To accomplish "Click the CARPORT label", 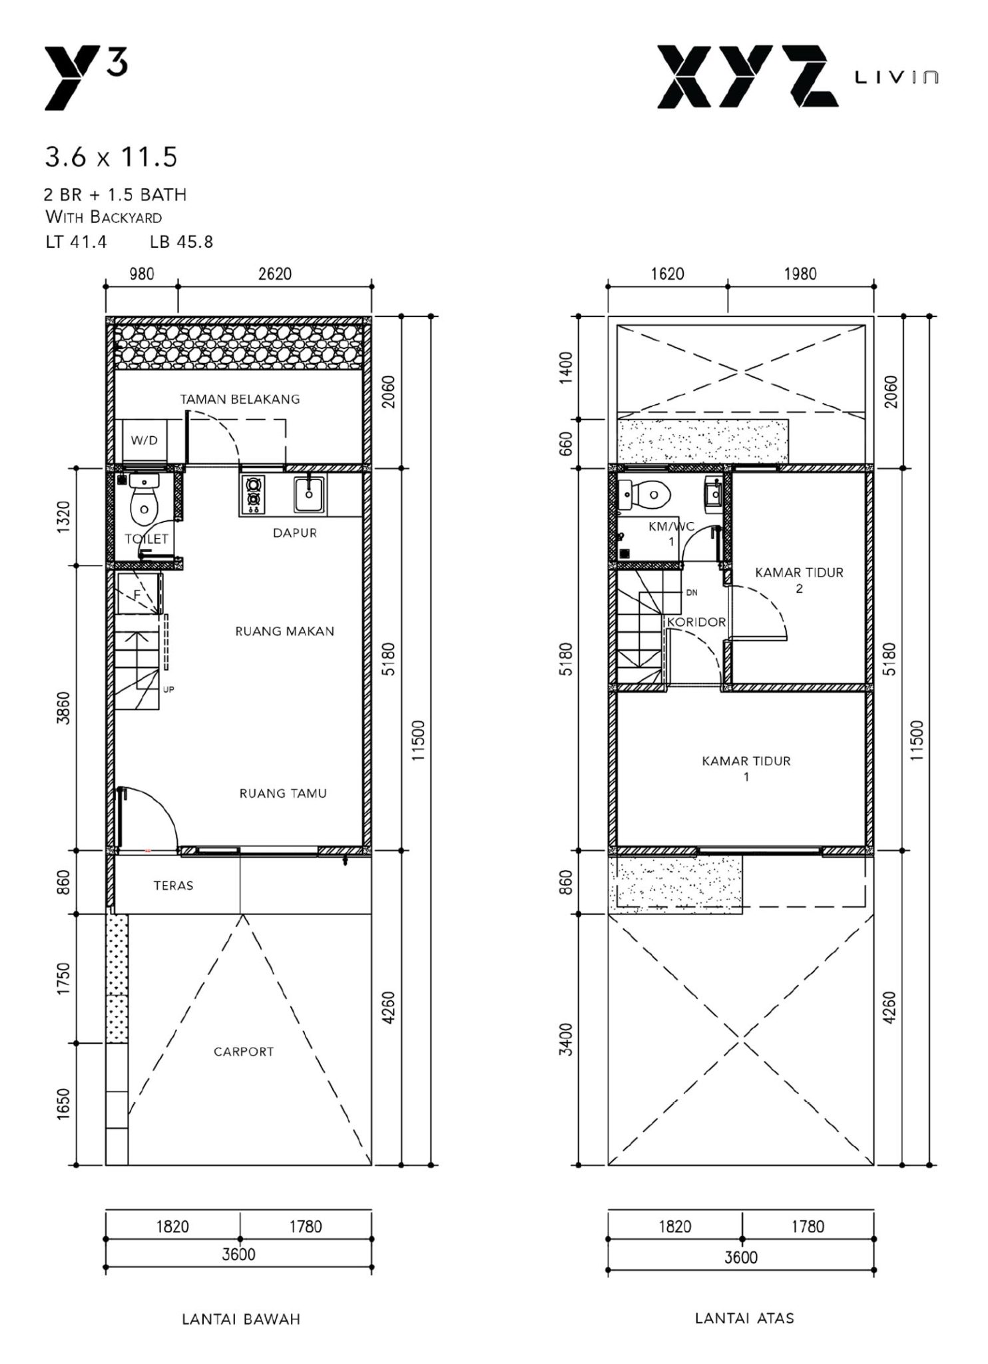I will [243, 1052].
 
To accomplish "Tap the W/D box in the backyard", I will [144, 441].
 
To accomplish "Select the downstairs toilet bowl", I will [144, 509].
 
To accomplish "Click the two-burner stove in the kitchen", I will [253, 495].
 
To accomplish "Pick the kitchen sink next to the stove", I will [310, 494].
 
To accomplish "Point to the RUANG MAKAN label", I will [284, 631].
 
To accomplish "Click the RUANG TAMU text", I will [283, 793].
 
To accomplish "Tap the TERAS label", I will [173, 886].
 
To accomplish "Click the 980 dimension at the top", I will [142, 274].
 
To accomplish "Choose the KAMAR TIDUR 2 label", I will [799, 579].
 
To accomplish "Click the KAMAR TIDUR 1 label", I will [746, 768].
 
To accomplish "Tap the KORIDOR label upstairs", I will [696, 622].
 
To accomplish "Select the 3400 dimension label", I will [565, 1039].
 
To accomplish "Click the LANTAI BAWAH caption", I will [241, 1319].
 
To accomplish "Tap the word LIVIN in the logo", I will [897, 78].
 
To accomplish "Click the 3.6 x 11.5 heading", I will [111, 157].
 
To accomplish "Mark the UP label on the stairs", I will [168, 689].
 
